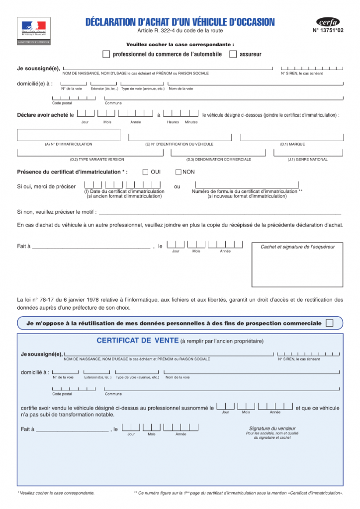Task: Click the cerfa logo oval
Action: (328, 22)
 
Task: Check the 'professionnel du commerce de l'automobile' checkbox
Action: (106, 54)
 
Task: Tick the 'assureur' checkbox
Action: (233, 54)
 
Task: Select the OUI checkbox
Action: (145, 172)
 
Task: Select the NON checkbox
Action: (179, 172)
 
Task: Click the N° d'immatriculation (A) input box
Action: (69, 135)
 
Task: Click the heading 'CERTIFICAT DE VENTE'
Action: (137, 340)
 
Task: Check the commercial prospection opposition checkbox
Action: (329, 323)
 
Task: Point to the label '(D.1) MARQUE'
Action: (292, 144)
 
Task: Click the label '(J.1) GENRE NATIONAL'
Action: (307, 160)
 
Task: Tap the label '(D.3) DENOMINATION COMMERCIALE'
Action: (219, 160)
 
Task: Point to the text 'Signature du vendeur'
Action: (272, 428)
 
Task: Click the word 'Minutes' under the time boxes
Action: (191, 122)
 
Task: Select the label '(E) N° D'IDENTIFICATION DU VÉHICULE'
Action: (179, 144)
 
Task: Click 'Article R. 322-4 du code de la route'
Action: (180, 31)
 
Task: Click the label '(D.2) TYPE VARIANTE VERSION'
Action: (97, 160)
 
